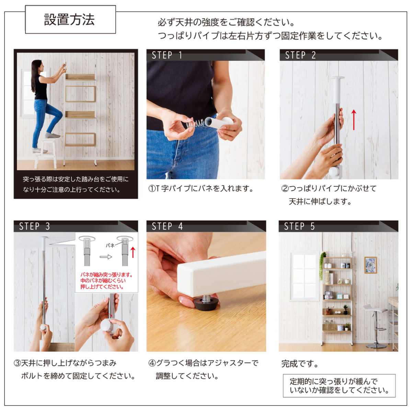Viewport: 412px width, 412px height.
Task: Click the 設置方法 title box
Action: pos(70,20)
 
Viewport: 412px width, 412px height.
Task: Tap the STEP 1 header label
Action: pos(167,55)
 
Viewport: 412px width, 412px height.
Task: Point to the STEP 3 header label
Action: pos(34,226)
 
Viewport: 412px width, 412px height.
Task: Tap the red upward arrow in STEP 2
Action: pos(354,120)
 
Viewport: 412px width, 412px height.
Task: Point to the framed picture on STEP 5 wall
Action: pos(370,265)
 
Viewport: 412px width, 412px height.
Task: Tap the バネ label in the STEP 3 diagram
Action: pos(110,245)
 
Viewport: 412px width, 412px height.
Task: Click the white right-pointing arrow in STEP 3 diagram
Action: pos(106,256)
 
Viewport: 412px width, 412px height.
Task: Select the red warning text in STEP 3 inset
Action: pos(106,281)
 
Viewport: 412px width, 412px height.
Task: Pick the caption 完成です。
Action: pos(300,364)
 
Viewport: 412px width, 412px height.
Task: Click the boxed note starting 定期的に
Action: pos(339,386)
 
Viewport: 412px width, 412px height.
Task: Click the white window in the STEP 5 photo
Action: pos(305,276)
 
